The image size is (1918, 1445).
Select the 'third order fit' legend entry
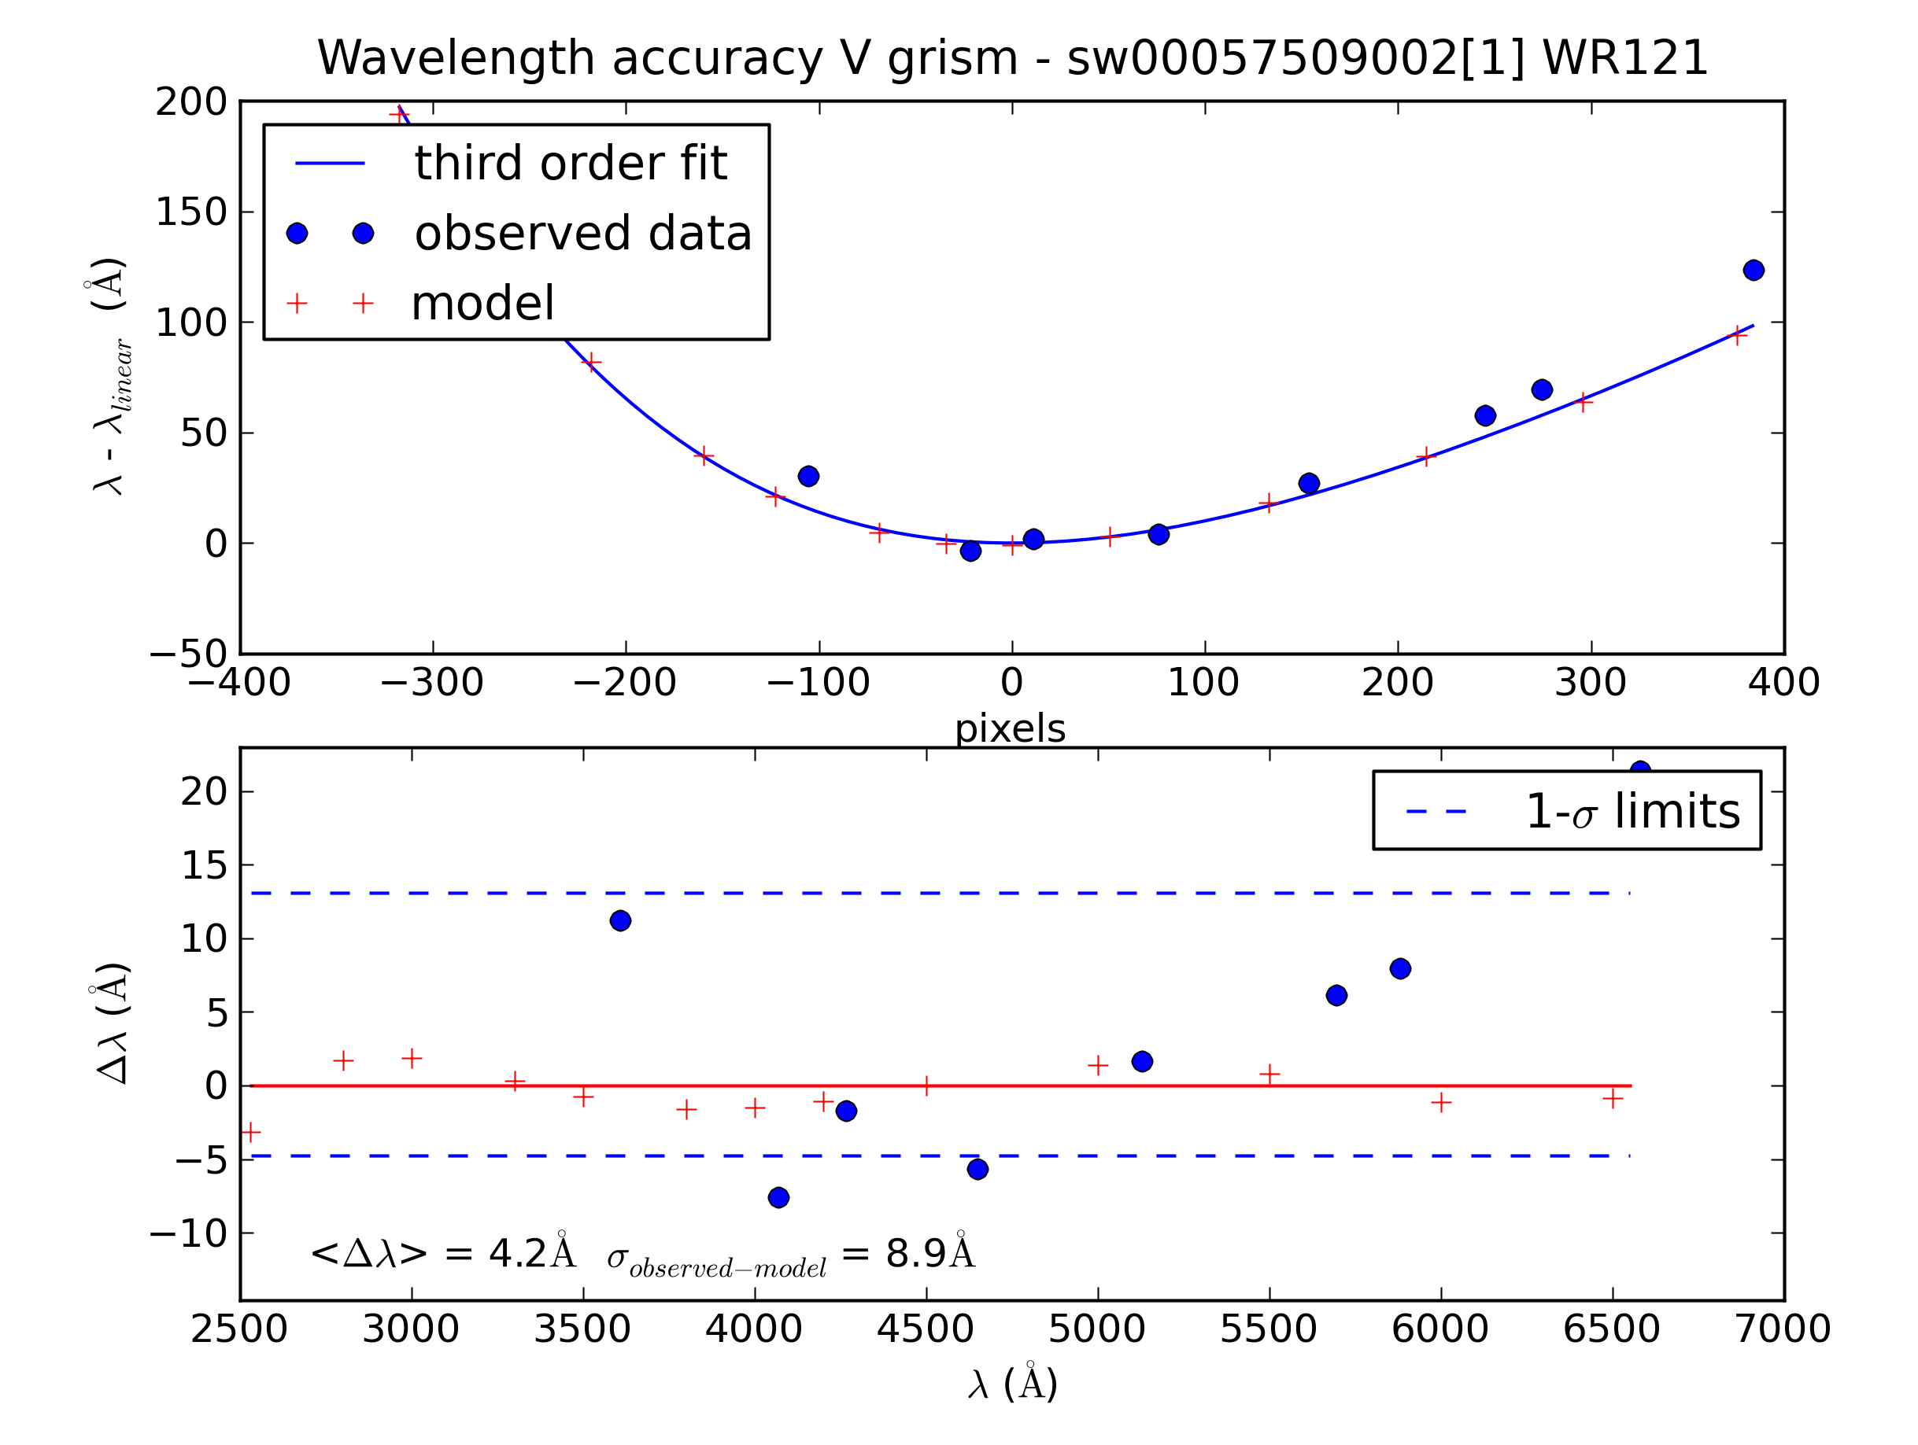tap(570, 163)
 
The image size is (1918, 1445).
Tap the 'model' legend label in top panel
tap(482, 304)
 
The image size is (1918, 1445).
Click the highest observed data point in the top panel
tap(1754, 271)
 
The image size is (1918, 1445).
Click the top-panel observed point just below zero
tap(970, 551)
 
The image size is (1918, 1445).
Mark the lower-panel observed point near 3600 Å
tap(620, 920)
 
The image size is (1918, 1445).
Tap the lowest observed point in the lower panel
tap(778, 1197)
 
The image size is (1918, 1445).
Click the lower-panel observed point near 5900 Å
tap(1400, 968)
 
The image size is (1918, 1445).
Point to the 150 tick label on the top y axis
tap(190, 212)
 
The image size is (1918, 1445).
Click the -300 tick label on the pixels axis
tap(432, 683)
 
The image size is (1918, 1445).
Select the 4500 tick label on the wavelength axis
tap(926, 1329)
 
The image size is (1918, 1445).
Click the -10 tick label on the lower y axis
tap(188, 1233)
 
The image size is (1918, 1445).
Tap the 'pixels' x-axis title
tap(1011, 728)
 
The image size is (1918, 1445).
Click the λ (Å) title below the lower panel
tap(1013, 1384)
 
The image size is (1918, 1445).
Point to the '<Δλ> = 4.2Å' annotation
tap(442, 1253)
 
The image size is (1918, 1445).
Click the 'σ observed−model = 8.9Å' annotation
tap(791, 1255)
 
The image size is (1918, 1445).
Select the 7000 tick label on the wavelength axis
tap(1783, 1329)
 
